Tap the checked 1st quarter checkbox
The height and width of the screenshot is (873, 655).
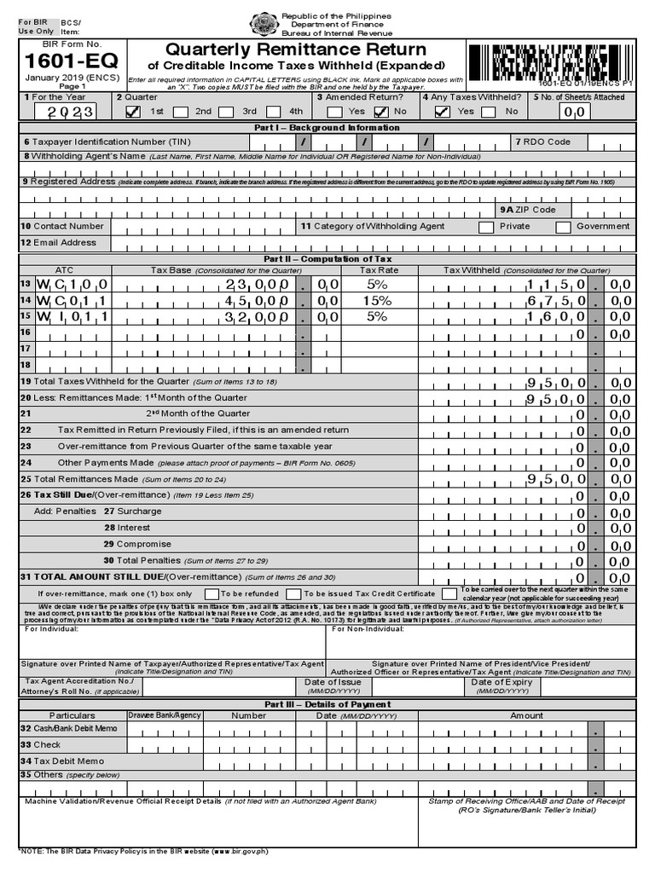(132, 111)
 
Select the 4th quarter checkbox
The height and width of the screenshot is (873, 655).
(273, 111)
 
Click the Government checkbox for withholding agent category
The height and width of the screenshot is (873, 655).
(563, 227)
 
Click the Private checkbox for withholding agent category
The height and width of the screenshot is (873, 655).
(486, 227)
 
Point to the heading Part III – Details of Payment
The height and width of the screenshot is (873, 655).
(327, 704)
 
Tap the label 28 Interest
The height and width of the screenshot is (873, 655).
(127, 528)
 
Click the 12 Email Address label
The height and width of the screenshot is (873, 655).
(59, 243)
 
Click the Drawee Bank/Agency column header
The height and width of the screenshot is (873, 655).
(165, 715)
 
